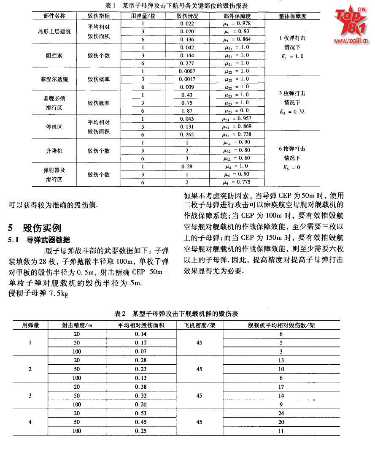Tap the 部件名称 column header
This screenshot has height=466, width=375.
(x=54, y=16)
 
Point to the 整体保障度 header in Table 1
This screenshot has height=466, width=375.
(x=292, y=16)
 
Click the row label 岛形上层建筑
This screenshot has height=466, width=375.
(x=54, y=31)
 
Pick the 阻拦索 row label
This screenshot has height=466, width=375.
(x=54, y=55)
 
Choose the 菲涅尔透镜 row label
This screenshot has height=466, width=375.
(x=54, y=79)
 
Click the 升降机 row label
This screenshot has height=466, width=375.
(x=54, y=151)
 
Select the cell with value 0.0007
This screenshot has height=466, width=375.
(x=186, y=71)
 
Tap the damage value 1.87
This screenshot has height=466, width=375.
(x=186, y=111)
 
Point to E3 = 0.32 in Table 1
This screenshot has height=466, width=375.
(x=292, y=112)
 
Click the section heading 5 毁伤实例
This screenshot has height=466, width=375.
(x=35, y=228)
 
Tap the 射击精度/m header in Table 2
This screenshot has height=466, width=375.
(x=77, y=325)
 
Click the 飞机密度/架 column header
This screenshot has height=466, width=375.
(x=200, y=325)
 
